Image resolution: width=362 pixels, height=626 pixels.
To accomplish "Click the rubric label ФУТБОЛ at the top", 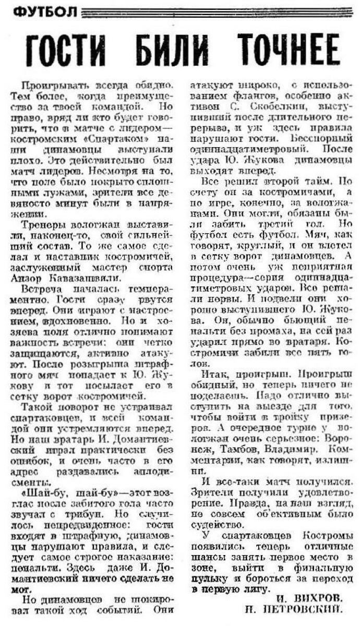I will tap(43, 11).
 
